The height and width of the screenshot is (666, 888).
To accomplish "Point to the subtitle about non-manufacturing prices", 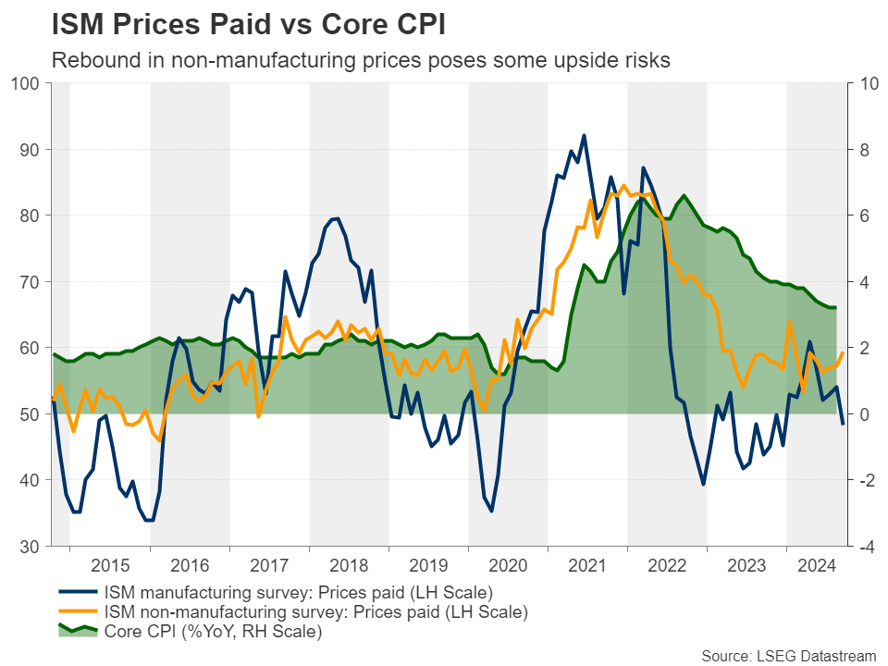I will point(361,61).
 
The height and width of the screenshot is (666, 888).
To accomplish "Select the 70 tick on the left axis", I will point(28,282).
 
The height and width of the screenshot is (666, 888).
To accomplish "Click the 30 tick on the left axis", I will point(28,547).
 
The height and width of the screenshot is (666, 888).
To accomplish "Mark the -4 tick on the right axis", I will point(866,547).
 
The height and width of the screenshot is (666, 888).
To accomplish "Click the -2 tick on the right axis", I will point(866,480).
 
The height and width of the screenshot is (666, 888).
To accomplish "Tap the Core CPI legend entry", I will point(213,633).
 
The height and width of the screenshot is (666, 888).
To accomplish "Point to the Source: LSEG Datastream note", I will point(787,655).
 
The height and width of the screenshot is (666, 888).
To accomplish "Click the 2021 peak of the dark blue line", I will point(584,135).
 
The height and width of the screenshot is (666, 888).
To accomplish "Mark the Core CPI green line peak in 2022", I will point(684,195).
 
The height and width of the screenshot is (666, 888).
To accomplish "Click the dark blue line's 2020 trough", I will point(491,511).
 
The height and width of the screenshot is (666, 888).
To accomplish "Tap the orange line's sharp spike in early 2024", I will point(790,321).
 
